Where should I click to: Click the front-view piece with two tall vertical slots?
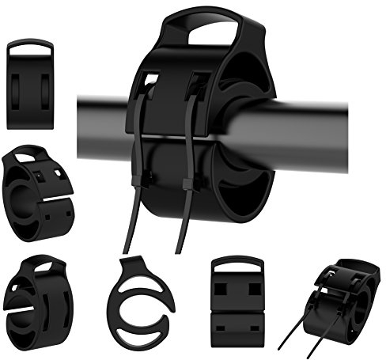coord(29,83)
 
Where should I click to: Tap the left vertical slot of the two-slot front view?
coord(21,88)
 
